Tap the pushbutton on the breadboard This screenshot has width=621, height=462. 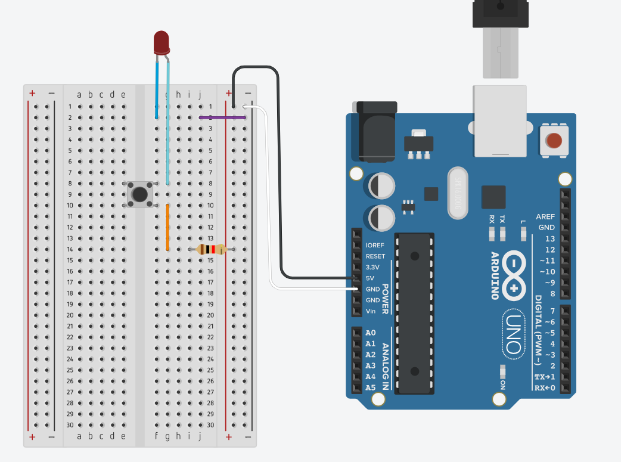(x=140, y=194)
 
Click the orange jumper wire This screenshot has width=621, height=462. (x=167, y=227)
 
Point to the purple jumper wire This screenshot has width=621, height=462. (x=222, y=117)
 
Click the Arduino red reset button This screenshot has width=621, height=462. (x=554, y=141)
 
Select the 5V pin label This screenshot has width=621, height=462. (x=371, y=278)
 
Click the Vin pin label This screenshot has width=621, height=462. (x=371, y=311)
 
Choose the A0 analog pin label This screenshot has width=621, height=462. (x=371, y=333)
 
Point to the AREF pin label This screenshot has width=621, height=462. (x=545, y=216)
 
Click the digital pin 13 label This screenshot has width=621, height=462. (x=549, y=238)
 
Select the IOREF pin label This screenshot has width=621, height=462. (x=375, y=245)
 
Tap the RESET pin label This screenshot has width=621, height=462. (x=375, y=256)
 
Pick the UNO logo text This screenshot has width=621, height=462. (x=513, y=333)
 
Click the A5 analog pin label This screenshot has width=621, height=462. (x=371, y=387)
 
